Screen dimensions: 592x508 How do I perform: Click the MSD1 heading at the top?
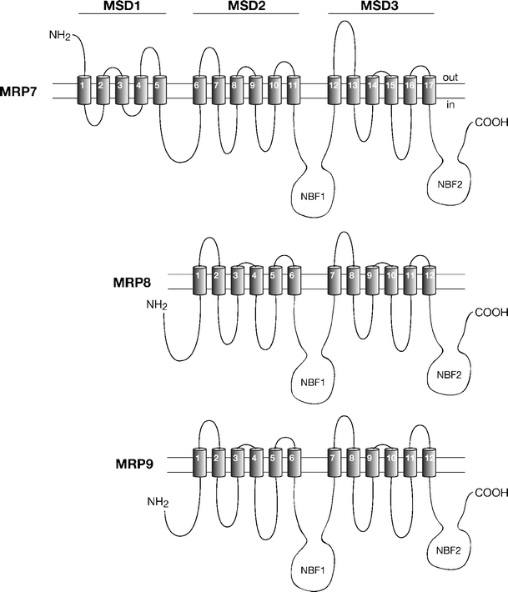122,7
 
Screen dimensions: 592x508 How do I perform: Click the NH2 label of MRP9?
157,502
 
